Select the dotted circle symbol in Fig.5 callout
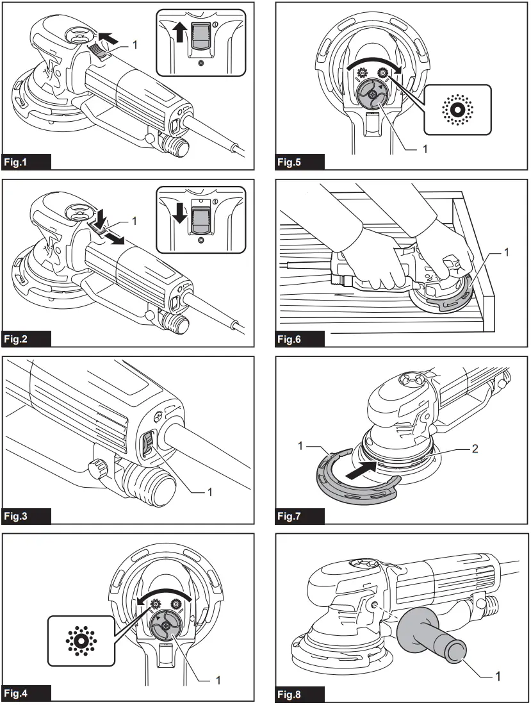point(456,110)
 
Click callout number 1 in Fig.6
point(507,253)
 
